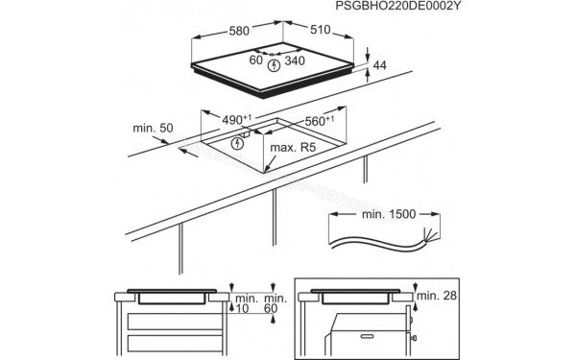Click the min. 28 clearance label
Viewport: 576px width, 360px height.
click(444, 295)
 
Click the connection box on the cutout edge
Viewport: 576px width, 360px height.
click(245, 136)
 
